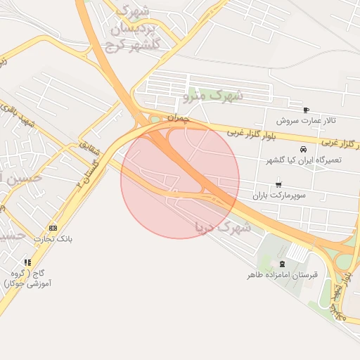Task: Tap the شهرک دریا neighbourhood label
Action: pyautogui.click(x=223, y=227)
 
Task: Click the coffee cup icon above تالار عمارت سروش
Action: pyautogui.click(x=306, y=110)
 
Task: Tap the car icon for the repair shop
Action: pyautogui.click(x=303, y=150)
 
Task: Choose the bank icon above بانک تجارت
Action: pyautogui.click(x=53, y=229)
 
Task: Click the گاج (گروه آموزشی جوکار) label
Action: pyautogui.click(x=26, y=277)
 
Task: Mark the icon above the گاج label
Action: pyautogui.click(x=27, y=262)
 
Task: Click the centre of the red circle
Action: pyautogui.click(x=180, y=180)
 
